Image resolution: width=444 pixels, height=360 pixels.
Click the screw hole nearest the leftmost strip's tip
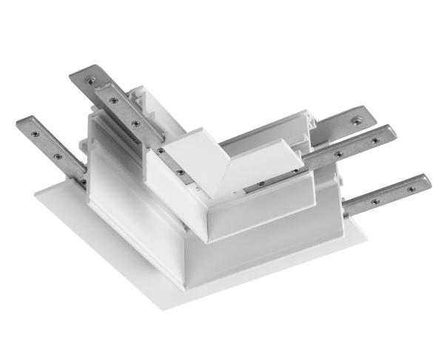tap(32, 123)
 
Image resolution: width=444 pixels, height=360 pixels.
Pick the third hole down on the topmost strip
tap(134, 122)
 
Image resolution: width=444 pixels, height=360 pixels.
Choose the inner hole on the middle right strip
tap(337, 153)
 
